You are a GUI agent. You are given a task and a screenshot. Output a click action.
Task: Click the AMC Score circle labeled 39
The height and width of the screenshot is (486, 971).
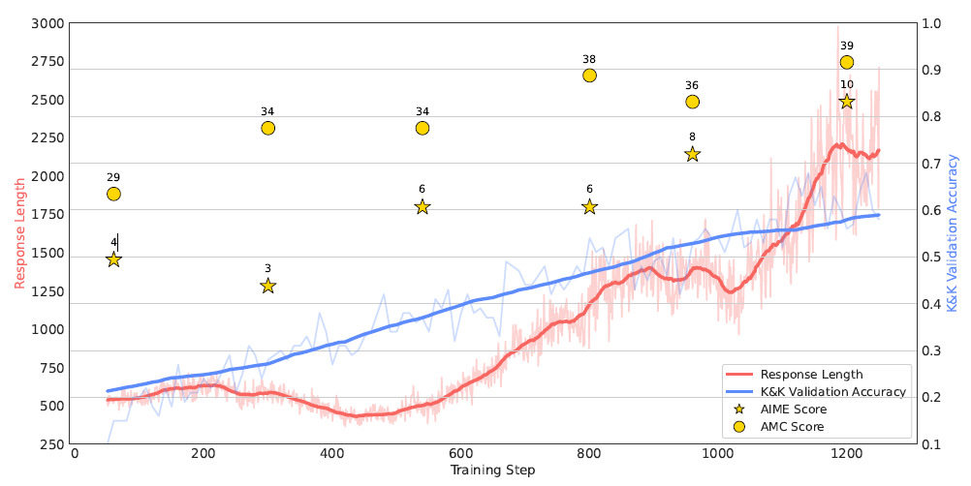click(x=846, y=62)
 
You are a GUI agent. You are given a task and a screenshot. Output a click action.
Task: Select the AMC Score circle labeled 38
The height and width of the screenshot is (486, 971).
click(x=589, y=76)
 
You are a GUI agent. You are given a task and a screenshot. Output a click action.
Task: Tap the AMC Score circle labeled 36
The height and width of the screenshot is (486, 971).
click(x=692, y=102)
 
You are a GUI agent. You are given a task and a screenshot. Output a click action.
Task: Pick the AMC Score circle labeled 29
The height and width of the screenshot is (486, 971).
click(x=113, y=194)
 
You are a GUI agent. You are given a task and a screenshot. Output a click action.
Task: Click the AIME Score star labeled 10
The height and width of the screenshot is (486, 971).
click(x=846, y=102)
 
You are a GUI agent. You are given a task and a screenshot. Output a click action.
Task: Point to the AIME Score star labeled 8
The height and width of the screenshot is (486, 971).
click(x=692, y=154)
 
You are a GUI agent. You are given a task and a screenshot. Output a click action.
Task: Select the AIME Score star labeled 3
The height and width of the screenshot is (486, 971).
click(x=267, y=286)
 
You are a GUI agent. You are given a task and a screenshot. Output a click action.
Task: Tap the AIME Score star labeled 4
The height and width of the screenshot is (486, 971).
click(x=113, y=259)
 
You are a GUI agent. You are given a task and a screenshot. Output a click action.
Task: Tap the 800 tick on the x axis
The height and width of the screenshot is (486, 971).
click(x=589, y=454)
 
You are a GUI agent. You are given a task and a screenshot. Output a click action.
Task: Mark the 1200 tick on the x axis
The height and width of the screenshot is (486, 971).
click(x=846, y=454)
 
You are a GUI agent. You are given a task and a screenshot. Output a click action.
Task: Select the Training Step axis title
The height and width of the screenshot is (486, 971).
click(x=493, y=471)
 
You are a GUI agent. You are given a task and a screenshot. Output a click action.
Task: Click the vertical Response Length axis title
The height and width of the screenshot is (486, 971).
click(x=19, y=233)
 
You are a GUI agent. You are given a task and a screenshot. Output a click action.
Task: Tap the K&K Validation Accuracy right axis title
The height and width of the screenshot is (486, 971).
click(x=954, y=233)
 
